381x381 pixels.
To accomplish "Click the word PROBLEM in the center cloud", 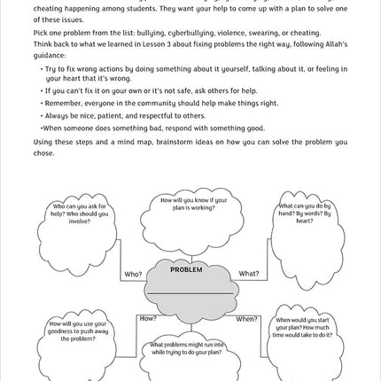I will click(x=187, y=268).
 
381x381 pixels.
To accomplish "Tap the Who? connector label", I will click(x=133, y=274).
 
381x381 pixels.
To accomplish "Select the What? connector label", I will click(x=249, y=274).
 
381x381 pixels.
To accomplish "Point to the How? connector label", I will click(x=148, y=317).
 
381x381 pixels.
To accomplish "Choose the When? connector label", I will click(x=246, y=318).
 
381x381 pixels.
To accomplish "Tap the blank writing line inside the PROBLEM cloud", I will click(x=188, y=292).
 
